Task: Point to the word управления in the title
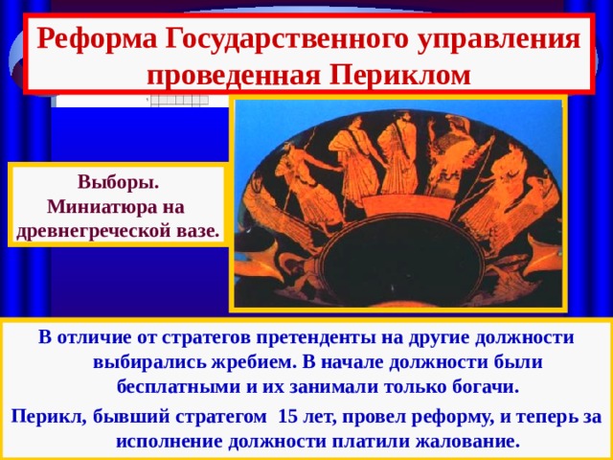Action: (x=504, y=39)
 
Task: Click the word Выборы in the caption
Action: (x=118, y=182)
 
